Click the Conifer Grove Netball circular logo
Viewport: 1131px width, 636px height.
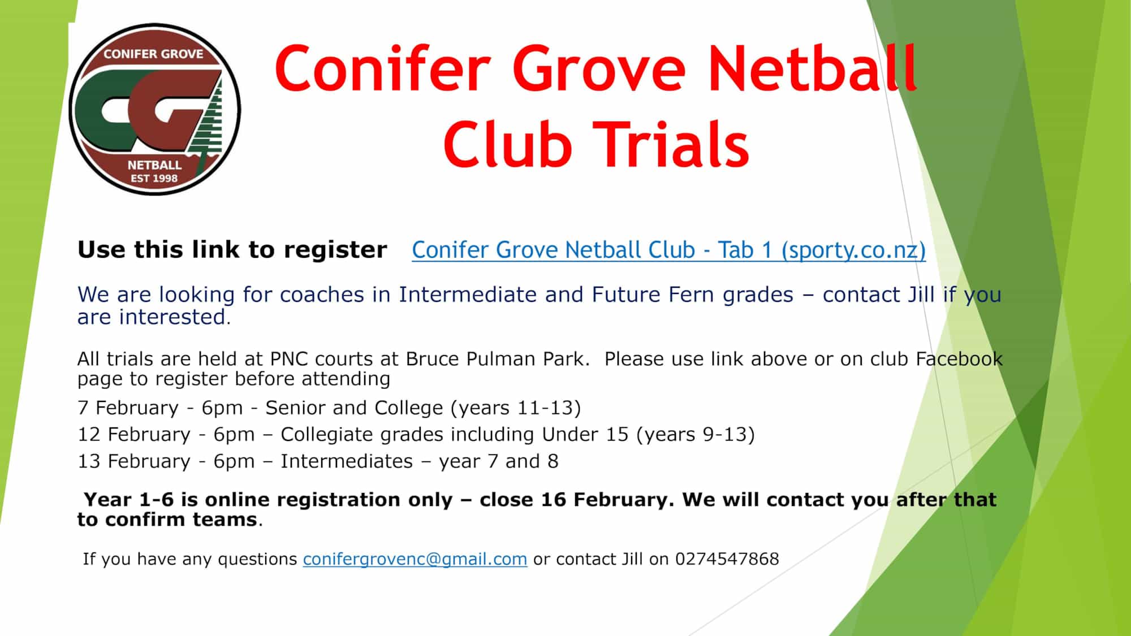[x=154, y=109]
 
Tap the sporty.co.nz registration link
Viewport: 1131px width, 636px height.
[x=668, y=250]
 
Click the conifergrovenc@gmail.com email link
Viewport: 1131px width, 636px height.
[x=415, y=559]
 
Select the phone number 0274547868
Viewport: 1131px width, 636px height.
[x=727, y=559]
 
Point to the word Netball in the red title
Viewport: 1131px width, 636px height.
[x=812, y=68]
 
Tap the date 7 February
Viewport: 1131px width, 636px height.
[x=128, y=408]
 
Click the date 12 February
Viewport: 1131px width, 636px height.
[x=135, y=434]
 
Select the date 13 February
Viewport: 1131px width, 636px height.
[x=135, y=461]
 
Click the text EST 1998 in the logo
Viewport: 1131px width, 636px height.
[x=154, y=179]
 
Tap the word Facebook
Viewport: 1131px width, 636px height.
[x=959, y=360]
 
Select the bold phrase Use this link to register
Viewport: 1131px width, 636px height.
[x=232, y=250]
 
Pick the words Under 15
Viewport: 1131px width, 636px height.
[x=585, y=434]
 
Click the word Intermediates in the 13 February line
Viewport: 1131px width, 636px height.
[x=347, y=461]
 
